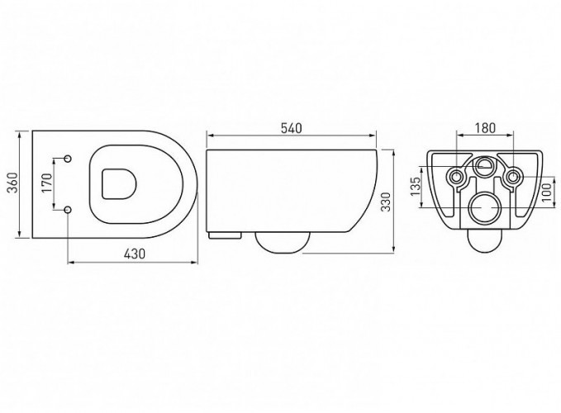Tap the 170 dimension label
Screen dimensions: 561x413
(x=47, y=183)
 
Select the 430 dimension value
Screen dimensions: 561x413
(x=135, y=254)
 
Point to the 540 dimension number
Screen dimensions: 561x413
(x=291, y=128)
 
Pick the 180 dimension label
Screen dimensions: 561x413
(x=485, y=128)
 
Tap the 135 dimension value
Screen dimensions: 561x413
(x=416, y=187)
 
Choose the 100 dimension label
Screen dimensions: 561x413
(x=545, y=192)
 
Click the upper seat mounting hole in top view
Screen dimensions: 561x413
(x=68, y=158)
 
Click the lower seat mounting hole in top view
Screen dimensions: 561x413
(x=68, y=210)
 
